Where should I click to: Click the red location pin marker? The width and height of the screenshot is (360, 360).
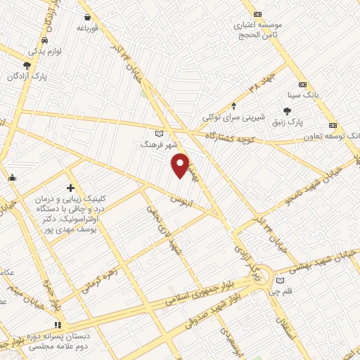coord(181,165)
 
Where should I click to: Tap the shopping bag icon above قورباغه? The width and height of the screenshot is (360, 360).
coord(88,15)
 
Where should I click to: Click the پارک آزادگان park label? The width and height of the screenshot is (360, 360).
coord(31,76)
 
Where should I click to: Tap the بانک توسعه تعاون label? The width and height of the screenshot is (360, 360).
coord(335,135)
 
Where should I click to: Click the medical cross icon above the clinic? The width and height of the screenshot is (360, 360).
coord(70,188)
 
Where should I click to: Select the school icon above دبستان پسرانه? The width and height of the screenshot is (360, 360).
coord(58,324)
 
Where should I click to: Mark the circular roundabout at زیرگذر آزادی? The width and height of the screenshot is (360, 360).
coord(261,274)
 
